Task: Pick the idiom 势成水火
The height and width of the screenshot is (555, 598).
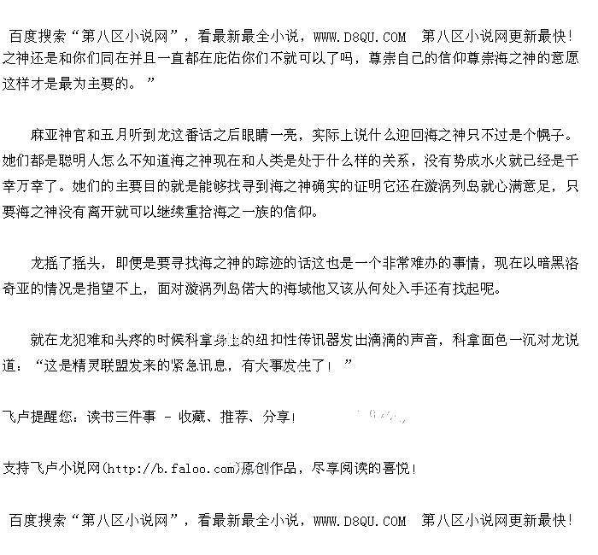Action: click(x=471, y=160)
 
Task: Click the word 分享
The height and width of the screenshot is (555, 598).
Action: click(x=277, y=417)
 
